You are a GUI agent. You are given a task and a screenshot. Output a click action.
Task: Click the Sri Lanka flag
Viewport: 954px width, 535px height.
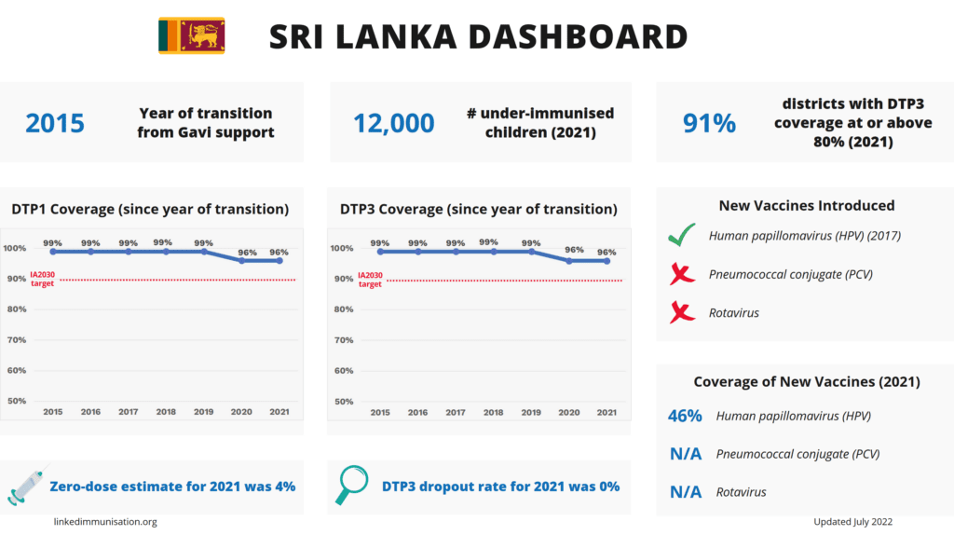pos(191,35)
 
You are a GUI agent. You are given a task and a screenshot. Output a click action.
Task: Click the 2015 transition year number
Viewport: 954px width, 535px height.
pos(55,123)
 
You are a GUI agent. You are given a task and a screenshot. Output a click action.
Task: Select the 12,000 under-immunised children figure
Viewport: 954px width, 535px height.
pos(393,123)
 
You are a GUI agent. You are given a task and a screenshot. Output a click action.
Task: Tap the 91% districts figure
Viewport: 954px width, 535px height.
pos(710,123)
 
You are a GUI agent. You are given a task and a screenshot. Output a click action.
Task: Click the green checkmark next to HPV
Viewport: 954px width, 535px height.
pos(682,237)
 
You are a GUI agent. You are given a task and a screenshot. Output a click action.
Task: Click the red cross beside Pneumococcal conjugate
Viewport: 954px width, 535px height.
pos(682,274)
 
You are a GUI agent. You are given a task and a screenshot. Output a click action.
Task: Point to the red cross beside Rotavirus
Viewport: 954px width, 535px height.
pos(682,312)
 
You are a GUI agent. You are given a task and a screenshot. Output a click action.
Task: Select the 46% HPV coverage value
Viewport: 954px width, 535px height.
pos(685,417)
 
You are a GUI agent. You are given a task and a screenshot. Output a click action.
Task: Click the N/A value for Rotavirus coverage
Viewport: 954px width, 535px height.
pos(685,492)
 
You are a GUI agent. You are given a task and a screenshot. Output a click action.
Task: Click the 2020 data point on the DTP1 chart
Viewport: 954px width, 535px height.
pos(242,260)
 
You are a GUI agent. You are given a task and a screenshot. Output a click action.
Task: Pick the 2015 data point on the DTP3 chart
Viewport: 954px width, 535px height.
pos(380,252)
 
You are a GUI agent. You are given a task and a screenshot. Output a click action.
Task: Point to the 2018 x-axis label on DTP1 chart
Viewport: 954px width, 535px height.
pos(166,412)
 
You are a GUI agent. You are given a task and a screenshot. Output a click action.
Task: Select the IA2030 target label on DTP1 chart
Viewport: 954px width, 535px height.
pos(43,279)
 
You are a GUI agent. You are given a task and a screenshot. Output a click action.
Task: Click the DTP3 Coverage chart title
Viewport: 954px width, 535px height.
pos(479,209)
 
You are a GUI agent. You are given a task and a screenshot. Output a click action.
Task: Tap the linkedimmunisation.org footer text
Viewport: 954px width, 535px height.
pos(104,522)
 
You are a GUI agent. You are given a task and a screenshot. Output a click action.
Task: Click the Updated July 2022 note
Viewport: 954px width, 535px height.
pos(852,522)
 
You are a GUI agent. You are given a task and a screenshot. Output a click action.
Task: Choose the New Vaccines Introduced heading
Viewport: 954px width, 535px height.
pos(807,205)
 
